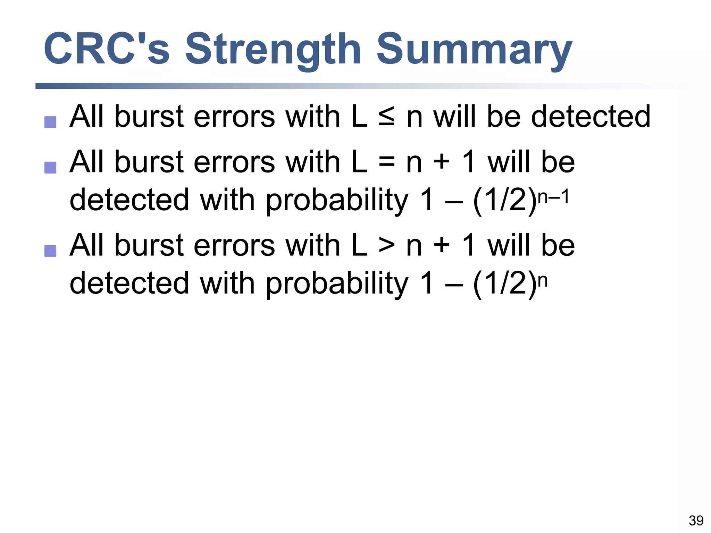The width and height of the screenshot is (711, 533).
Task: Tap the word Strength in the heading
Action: coord(273,49)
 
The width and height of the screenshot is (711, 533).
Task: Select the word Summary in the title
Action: coord(474,49)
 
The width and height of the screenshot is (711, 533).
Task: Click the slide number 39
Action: coord(696,521)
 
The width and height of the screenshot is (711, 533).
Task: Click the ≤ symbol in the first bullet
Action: coord(386,117)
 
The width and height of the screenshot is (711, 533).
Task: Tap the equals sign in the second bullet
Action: coord(386,162)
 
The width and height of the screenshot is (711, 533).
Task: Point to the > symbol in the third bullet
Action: coord(386,246)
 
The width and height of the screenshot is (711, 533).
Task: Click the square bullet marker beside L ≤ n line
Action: coord(50,122)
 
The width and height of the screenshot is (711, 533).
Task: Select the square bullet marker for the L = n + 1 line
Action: coord(50,168)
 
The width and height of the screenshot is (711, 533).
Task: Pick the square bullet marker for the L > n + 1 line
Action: coord(50,251)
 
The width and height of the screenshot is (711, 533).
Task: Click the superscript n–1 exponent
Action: coord(553,197)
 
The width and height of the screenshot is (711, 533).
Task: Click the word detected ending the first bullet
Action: coord(591,117)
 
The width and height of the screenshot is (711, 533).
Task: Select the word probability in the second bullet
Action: coord(337,201)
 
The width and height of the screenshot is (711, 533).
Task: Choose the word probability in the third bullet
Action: coord(337,284)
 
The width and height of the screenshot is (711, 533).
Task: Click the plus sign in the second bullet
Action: coord(442,162)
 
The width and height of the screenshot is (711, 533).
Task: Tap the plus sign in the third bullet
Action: coord(442,246)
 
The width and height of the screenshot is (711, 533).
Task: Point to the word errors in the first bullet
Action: coord(234,117)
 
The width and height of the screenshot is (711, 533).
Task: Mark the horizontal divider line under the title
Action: coord(243,86)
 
